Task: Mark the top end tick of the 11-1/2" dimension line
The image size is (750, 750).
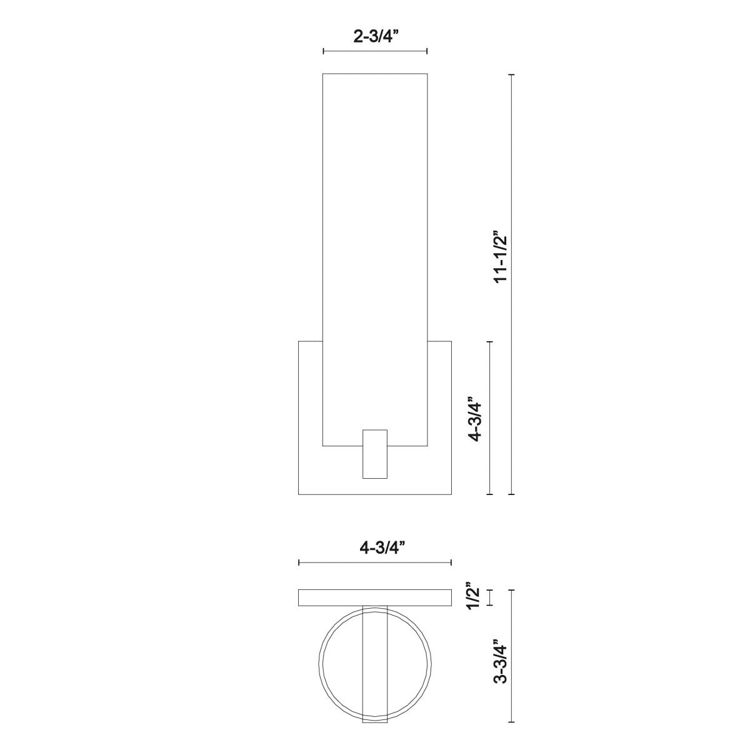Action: click(512, 74)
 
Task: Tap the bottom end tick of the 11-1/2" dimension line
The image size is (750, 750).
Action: click(512, 494)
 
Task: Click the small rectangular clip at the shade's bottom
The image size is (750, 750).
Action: click(375, 454)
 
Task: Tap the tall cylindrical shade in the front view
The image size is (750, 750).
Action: click(375, 250)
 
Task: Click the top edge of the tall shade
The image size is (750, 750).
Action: click(375, 74)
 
